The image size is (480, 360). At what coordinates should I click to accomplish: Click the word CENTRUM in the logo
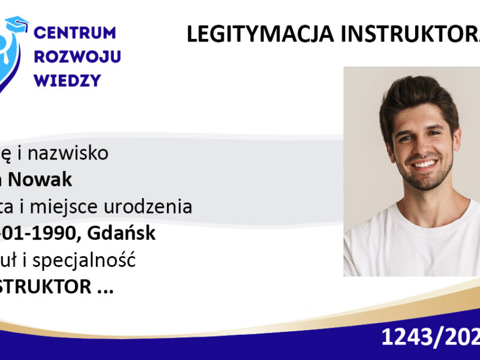76,32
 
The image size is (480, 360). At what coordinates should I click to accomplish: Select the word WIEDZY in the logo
68,80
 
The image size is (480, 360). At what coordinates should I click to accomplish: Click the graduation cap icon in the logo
16,24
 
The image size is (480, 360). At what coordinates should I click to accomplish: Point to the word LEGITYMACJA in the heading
259,35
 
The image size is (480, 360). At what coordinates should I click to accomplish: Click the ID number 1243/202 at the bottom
430,338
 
